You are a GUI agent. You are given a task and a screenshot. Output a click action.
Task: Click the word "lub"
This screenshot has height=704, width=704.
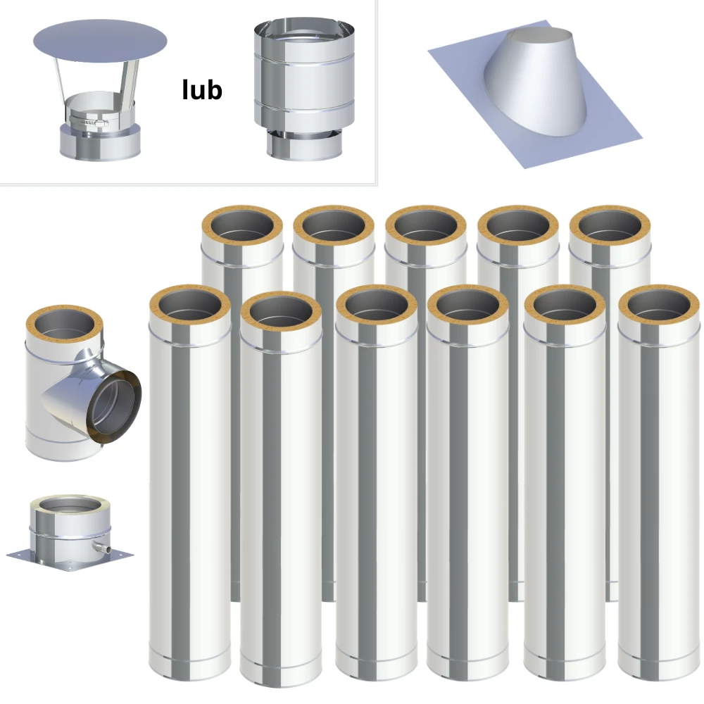(202, 90)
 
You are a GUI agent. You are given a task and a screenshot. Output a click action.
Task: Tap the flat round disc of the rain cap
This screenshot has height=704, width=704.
(100, 42)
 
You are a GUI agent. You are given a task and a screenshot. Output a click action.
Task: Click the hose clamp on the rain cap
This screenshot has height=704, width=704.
(89, 122)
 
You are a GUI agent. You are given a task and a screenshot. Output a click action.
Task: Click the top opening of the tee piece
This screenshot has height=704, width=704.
(65, 325)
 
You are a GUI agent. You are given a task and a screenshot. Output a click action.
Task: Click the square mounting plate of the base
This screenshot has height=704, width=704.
(70, 559)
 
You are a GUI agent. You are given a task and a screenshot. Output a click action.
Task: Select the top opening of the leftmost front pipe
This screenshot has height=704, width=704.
(190, 305)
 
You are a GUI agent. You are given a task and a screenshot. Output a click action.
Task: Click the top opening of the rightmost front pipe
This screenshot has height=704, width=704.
(659, 305)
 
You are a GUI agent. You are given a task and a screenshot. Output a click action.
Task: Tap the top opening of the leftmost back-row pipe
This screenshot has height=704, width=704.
(242, 225)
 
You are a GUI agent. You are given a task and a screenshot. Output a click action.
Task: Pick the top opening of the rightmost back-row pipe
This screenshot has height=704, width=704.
(610, 225)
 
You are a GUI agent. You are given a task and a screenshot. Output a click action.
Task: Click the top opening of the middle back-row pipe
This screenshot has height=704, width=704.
(426, 225)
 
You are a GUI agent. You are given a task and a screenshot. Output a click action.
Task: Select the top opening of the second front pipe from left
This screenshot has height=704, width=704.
(281, 311)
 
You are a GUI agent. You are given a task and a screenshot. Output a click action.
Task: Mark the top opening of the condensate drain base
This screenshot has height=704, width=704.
(70, 505)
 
